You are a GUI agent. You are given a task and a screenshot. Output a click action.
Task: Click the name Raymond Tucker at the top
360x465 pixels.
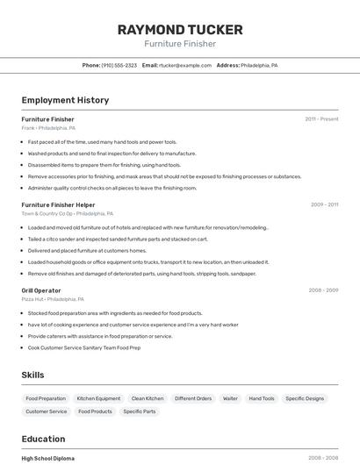(179, 29)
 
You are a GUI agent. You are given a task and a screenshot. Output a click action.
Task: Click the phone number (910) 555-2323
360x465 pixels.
(119, 65)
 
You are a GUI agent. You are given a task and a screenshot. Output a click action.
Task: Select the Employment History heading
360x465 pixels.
(65, 100)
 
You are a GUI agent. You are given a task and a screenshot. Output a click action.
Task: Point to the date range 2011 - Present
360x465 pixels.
(321, 119)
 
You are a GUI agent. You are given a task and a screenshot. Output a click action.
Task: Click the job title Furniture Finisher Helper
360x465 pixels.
(58, 204)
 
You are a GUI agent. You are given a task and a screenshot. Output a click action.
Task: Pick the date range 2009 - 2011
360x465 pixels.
(324, 204)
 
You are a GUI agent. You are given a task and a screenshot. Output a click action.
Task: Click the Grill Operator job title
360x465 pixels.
(41, 290)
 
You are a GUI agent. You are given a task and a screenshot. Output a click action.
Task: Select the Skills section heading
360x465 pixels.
(32, 375)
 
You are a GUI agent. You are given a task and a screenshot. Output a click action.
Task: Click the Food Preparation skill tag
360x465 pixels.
(46, 398)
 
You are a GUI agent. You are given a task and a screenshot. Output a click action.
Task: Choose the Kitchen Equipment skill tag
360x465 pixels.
(98, 398)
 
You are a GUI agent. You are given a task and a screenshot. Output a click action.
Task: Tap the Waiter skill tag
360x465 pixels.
(230, 398)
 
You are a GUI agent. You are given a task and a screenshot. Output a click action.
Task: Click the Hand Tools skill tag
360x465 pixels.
(262, 398)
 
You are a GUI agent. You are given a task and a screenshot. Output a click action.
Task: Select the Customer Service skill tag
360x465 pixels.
(46, 411)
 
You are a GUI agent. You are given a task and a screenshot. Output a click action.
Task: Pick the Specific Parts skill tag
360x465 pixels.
(139, 411)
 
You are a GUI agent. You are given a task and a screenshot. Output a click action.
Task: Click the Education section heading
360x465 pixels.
(43, 439)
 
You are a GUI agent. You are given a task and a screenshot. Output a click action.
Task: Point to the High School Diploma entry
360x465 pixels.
(48, 458)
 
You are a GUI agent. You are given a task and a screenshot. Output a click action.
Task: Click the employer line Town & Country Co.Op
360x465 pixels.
(47, 213)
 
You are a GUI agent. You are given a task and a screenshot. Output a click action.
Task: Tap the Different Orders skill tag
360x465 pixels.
(193, 398)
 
